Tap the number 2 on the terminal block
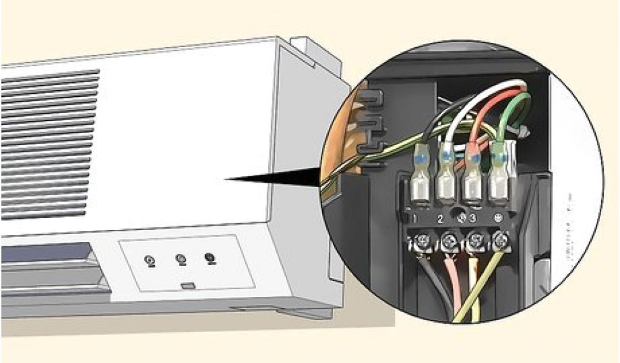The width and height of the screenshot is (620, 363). (x=441, y=217)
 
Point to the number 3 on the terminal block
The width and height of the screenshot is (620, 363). (x=472, y=217)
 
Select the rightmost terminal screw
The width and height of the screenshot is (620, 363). (x=500, y=241)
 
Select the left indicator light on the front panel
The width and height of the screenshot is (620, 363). (x=150, y=261)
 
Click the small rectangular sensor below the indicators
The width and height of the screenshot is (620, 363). (x=187, y=286)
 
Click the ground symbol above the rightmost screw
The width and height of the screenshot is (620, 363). (x=498, y=216)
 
